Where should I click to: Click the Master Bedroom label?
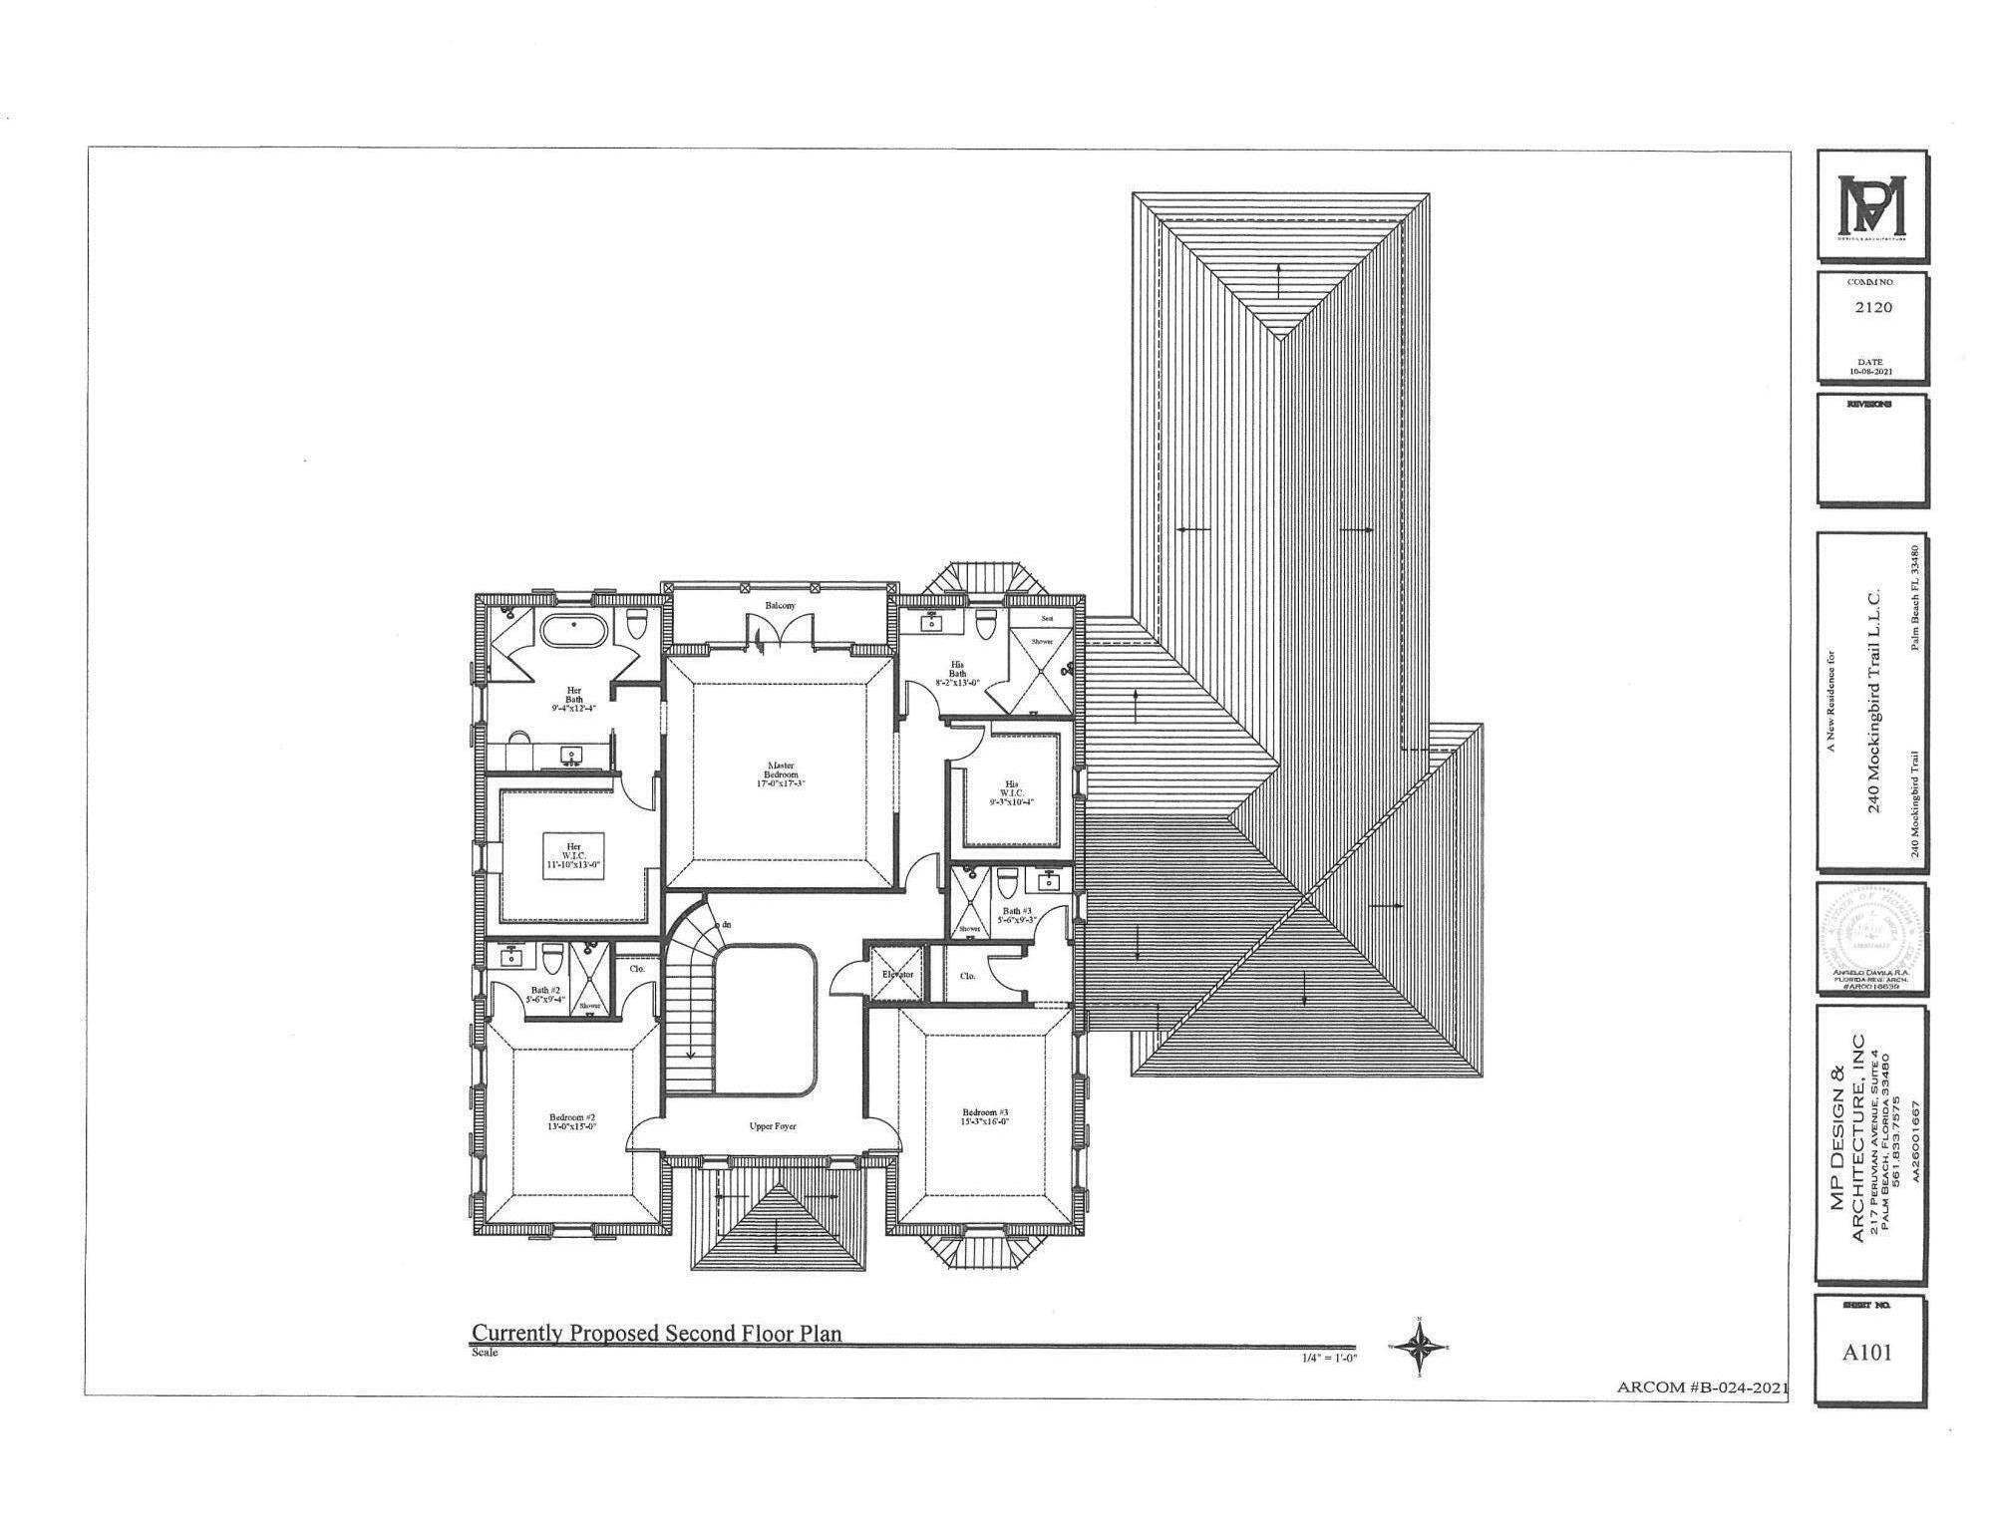pyautogui.click(x=780, y=774)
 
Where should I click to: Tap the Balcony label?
pyautogui.click(x=781, y=606)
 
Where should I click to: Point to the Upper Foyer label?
pyautogui.click(x=773, y=1126)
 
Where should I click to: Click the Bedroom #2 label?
pyautogui.click(x=572, y=1122)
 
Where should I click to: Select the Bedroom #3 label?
pyautogui.click(x=985, y=1116)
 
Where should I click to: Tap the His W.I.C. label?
pyautogui.click(x=1012, y=792)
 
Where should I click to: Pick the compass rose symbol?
pyautogui.click(x=1418, y=1348)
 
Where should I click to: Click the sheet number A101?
pyautogui.click(x=1866, y=1353)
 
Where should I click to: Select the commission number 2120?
pyautogui.click(x=1872, y=307)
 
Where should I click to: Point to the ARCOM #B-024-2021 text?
pyautogui.click(x=1701, y=1387)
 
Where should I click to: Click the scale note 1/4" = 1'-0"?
pyautogui.click(x=1328, y=1358)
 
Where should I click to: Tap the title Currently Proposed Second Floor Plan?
pyautogui.click(x=656, y=1333)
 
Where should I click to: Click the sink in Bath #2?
pyautogui.click(x=511, y=958)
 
